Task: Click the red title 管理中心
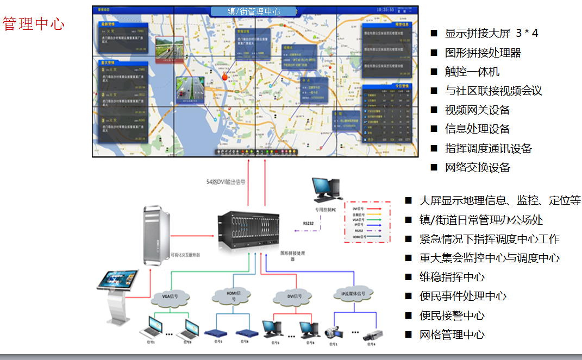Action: [33, 24]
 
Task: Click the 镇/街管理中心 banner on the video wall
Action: [253, 11]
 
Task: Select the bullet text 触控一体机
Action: [472, 72]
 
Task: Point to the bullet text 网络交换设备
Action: [477, 167]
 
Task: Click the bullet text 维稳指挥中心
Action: [452, 277]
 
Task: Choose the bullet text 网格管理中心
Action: [452, 334]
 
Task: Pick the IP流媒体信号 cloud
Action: [353, 295]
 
